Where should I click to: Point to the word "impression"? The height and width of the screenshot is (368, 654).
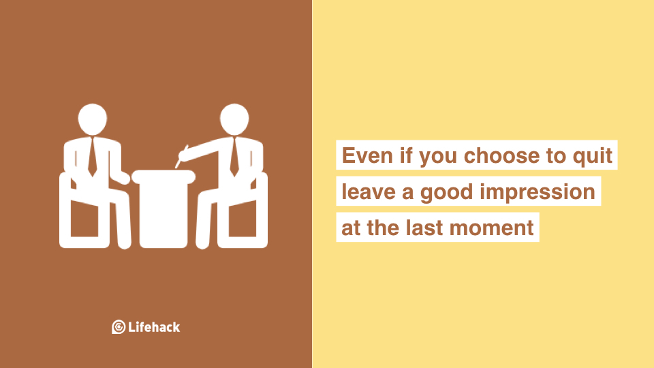(x=538, y=193)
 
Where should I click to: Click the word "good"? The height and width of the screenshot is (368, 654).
(x=447, y=193)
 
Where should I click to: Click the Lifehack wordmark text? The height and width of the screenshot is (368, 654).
(x=154, y=326)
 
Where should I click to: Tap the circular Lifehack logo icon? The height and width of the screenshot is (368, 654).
(x=119, y=326)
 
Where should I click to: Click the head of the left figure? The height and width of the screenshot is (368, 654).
(x=92, y=119)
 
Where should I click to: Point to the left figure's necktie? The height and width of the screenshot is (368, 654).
(x=92, y=157)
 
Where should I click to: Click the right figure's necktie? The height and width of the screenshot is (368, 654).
(x=234, y=157)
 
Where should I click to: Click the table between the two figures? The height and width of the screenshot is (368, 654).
(x=163, y=209)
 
